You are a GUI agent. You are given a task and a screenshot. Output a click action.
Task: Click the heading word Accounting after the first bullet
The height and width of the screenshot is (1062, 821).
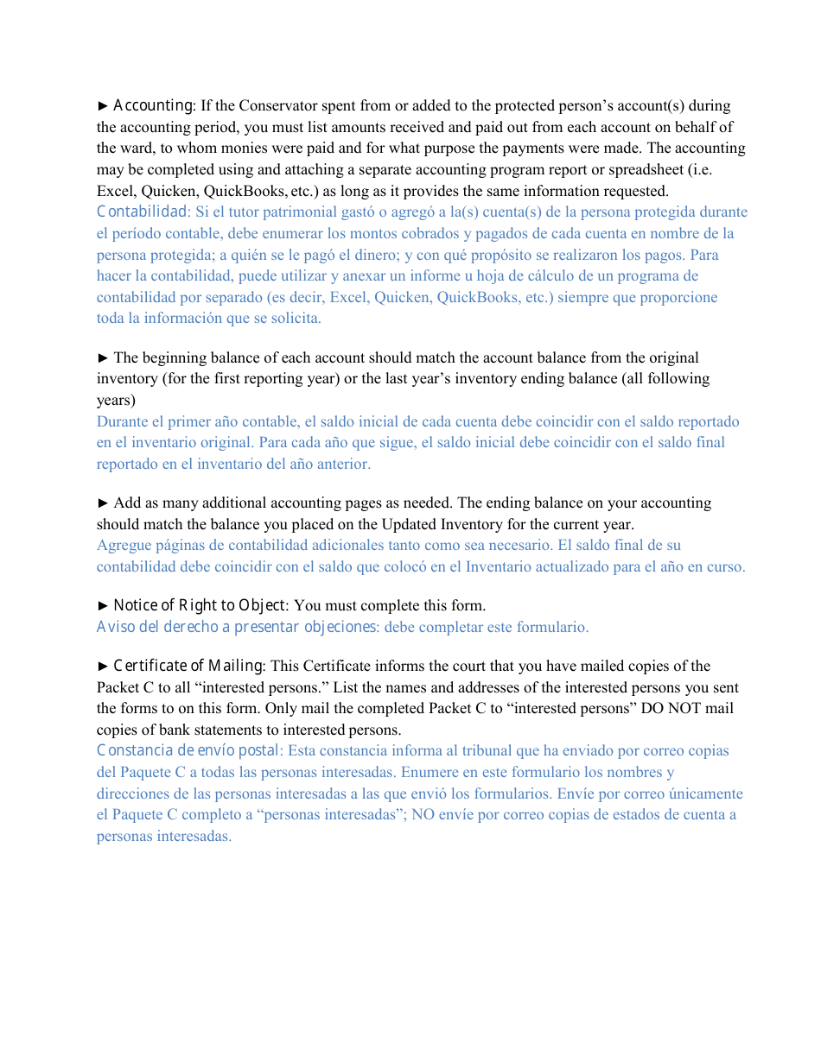point(153,105)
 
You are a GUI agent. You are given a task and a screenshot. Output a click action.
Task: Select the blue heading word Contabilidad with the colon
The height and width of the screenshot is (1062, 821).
point(143,212)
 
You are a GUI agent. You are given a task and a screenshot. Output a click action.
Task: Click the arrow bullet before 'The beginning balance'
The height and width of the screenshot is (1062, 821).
point(103,357)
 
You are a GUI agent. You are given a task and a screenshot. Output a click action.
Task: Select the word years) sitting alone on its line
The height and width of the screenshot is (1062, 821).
point(116,400)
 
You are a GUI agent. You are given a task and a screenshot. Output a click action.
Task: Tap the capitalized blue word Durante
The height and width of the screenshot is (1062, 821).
point(122,421)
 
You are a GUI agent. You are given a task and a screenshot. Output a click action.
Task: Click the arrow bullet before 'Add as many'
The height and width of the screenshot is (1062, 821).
point(103,503)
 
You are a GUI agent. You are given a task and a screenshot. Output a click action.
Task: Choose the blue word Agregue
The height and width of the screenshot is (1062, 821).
point(124,545)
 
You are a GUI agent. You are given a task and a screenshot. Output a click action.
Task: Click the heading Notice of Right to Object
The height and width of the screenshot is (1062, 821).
point(199,605)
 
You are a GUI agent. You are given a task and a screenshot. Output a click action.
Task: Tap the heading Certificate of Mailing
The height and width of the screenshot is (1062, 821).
point(188,666)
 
